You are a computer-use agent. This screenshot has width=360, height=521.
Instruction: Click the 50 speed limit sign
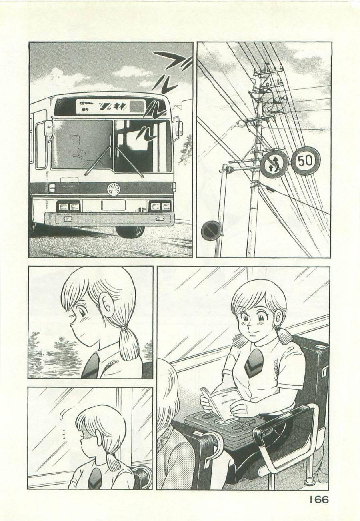[306, 161]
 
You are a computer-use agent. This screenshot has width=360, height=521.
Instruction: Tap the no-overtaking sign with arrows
[274, 164]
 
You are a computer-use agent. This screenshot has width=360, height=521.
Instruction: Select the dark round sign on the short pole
[210, 231]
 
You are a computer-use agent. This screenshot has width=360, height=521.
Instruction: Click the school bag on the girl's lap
[224, 428]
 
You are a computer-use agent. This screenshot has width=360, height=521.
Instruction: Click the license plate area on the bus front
[113, 205]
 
